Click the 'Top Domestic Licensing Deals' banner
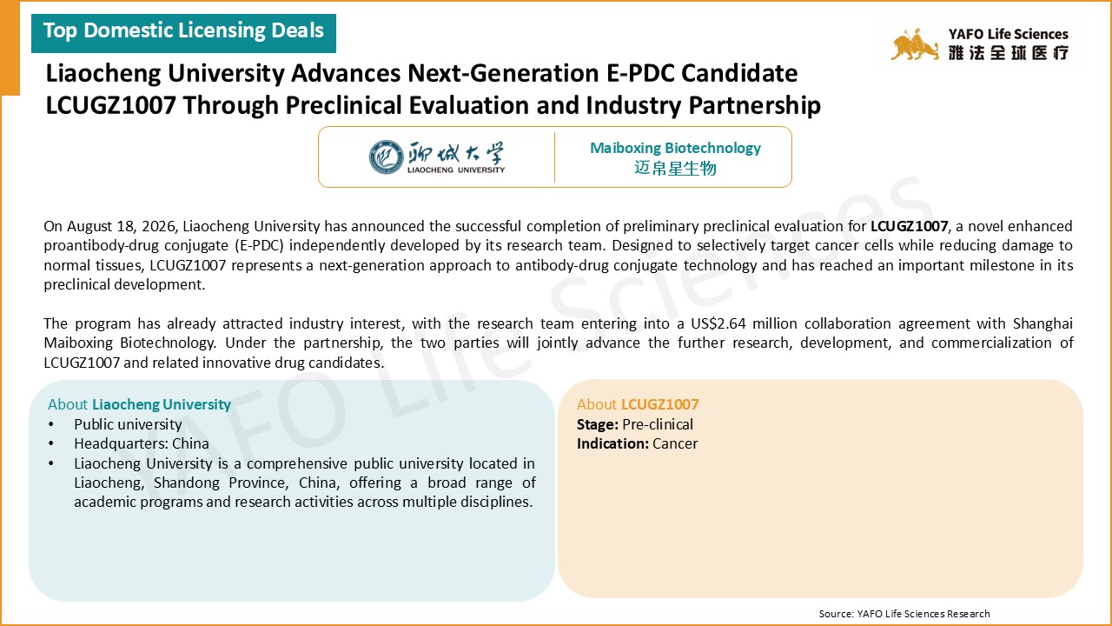pyautogui.click(x=183, y=33)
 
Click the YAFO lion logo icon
pyautogui.click(x=915, y=44)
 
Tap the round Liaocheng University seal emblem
pyautogui.click(x=386, y=157)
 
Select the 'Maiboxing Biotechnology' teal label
pyautogui.click(x=675, y=148)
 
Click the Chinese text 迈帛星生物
pyautogui.click(x=675, y=169)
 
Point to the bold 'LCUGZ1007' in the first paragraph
pyautogui.click(x=909, y=226)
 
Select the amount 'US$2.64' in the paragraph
pyautogui.click(x=718, y=323)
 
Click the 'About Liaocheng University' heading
pyautogui.click(x=140, y=404)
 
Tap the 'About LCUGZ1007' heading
pyautogui.click(x=638, y=404)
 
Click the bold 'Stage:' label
pyautogui.click(x=597, y=424)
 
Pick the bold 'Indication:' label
pyautogui.click(x=612, y=443)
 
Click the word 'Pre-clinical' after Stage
pyautogui.click(x=658, y=424)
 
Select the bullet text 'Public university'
pyautogui.click(x=128, y=424)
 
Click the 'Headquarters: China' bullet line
pyautogui.click(x=142, y=443)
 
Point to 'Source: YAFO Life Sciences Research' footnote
pyautogui.click(x=904, y=614)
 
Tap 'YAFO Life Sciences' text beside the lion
pyautogui.click(x=1009, y=34)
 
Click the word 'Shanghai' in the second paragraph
pyautogui.click(x=1042, y=324)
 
